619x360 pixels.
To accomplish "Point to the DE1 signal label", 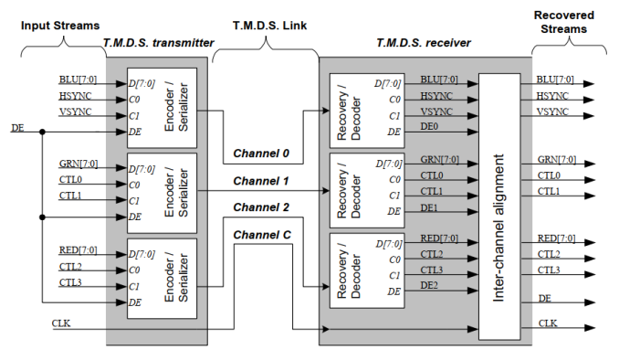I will [431, 209].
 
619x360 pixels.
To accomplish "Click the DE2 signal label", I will [431, 287].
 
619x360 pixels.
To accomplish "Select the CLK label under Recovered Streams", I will [548, 323].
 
